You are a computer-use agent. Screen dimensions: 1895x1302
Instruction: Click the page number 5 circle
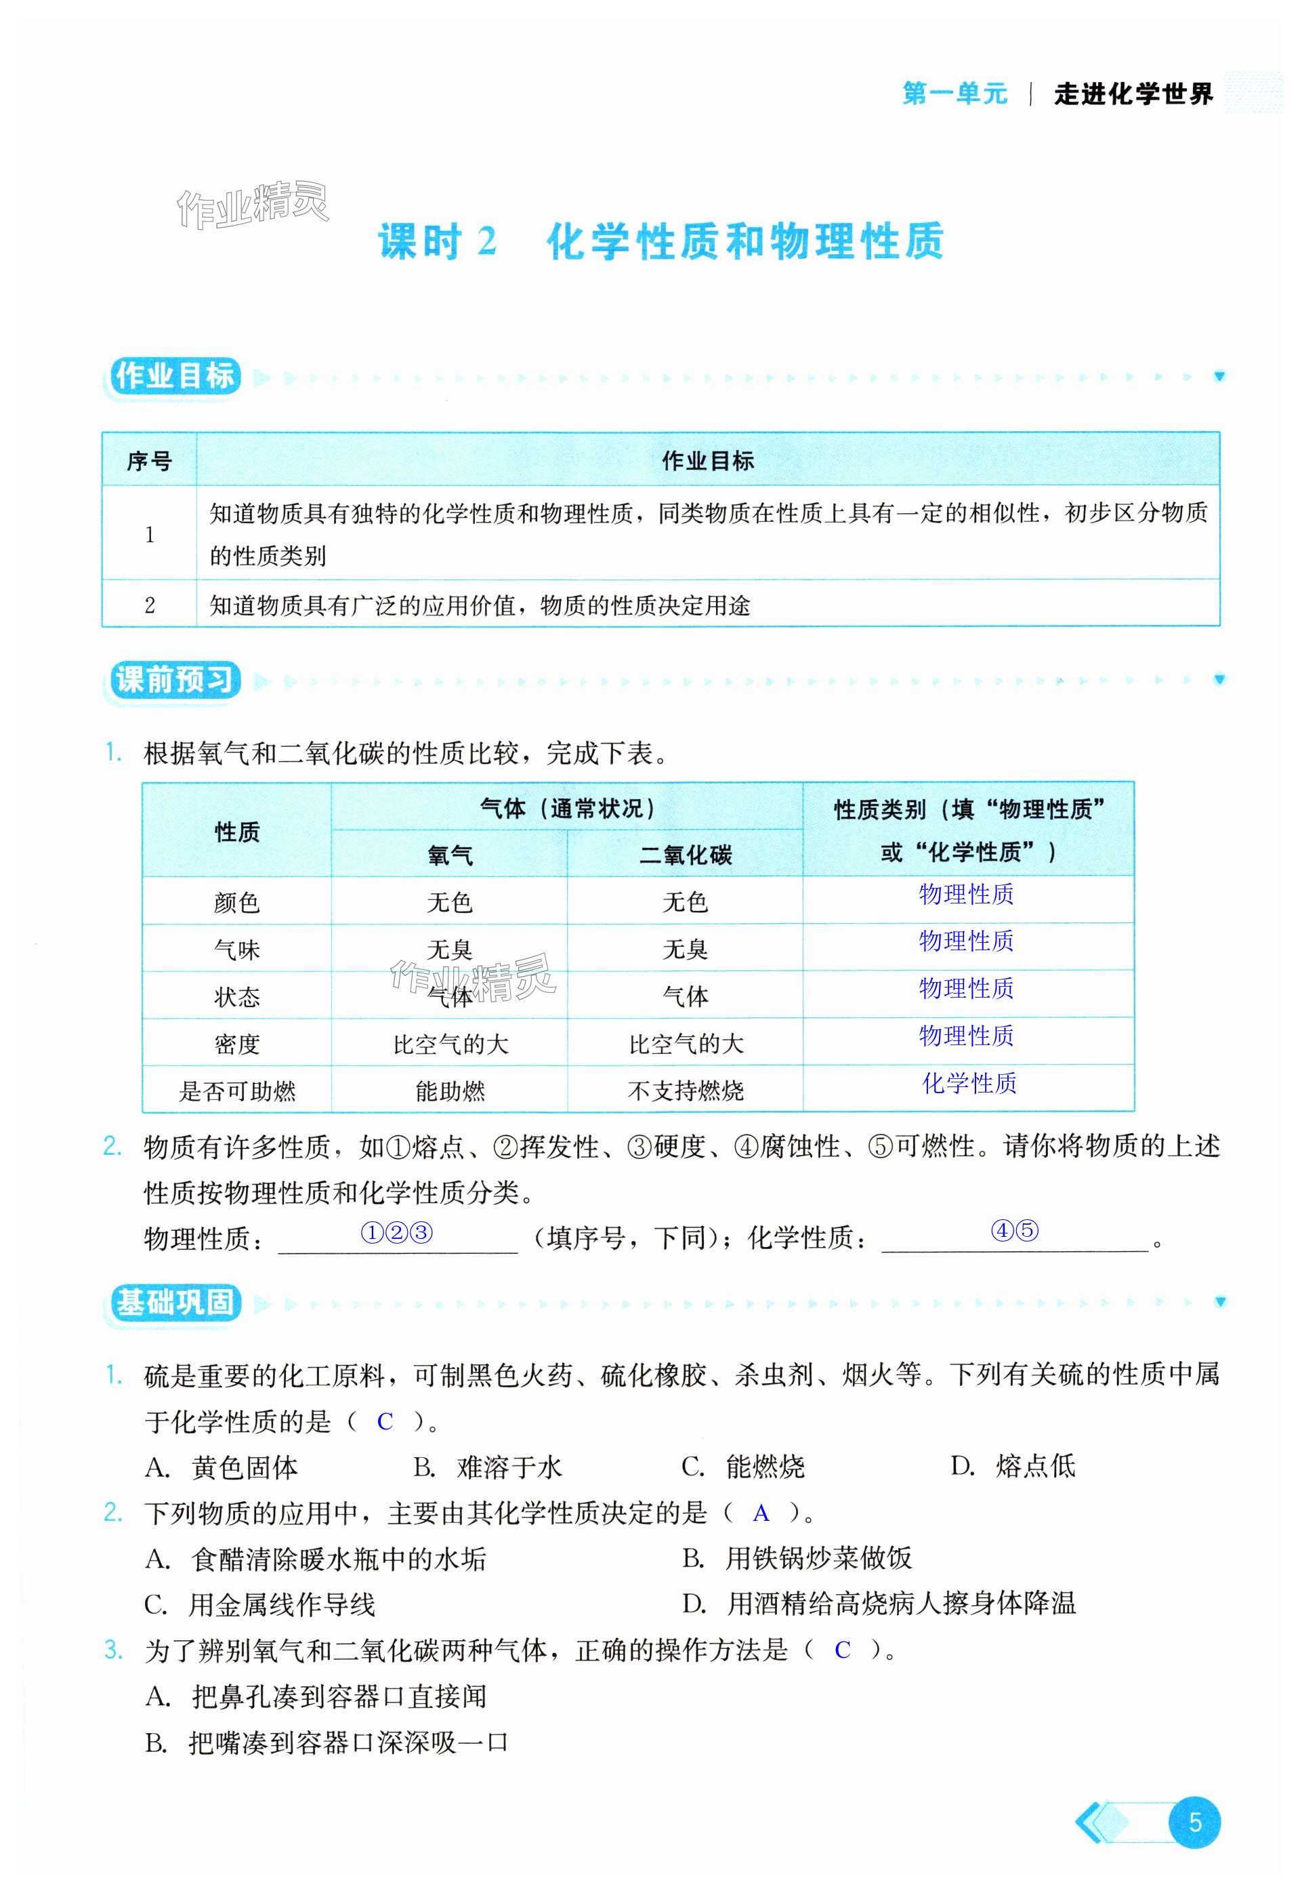(1194, 1822)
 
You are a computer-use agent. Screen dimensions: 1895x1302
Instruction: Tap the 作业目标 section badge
(175, 376)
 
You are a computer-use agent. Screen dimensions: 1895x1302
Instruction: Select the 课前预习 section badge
(175, 680)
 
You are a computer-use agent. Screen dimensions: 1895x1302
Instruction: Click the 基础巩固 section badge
(175, 1302)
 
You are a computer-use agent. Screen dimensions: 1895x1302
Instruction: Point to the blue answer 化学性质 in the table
(969, 1083)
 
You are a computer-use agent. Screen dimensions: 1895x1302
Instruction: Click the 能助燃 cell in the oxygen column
(450, 1091)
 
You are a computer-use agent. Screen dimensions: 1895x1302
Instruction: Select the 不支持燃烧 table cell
(686, 1091)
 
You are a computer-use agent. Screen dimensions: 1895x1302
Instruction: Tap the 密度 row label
(236, 1044)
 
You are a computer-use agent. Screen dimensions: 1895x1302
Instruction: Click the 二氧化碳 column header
(686, 855)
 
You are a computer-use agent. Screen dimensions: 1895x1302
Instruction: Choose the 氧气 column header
(450, 855)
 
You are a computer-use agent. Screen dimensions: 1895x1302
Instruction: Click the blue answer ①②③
(396, 1231)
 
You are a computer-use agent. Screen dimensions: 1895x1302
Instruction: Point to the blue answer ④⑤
(1014, 1230)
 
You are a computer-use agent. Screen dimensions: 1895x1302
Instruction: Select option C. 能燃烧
(743, 1467)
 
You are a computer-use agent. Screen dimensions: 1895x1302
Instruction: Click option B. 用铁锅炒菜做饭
(797, 1558)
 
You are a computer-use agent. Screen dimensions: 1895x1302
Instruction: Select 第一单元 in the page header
(954, 94)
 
